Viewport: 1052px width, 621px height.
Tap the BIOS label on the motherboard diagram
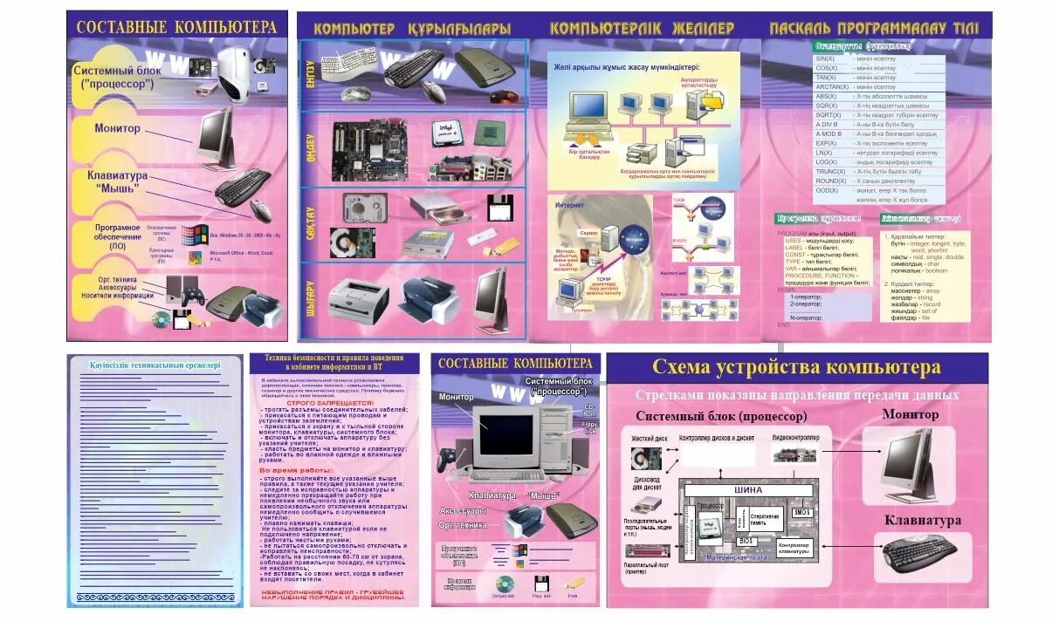pyautogui.click(x=746, y=541)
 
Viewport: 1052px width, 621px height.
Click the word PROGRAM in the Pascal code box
pyautogui.click(x=792, y=233)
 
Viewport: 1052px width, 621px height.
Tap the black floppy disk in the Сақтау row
pyautogui.click(x=499, y=208)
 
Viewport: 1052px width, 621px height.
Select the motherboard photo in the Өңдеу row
pyautogui.click(x=371, y=146)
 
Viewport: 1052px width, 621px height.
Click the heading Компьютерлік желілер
pyautogui.click(x=642, y=29)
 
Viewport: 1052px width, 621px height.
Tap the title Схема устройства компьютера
pyautogui.click(x=795, y=366)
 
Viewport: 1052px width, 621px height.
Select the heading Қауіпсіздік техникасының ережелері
pyautogui.click(x=155, y=365)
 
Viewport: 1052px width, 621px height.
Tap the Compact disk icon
pyautogui.click(x=504, y=583)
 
